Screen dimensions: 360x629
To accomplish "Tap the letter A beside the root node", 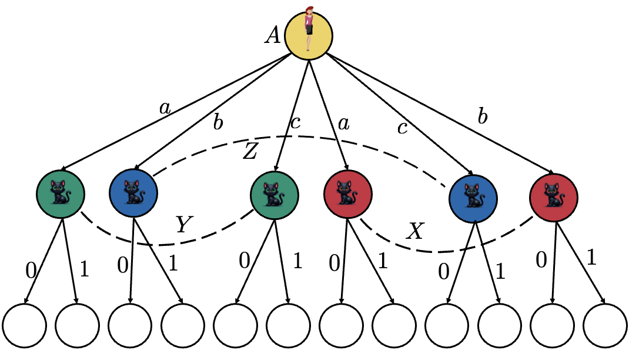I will [x=272, y=36].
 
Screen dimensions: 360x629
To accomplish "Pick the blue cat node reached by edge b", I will [x=133, y=194].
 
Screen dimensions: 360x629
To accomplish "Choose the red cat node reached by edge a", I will [x=347, y=194].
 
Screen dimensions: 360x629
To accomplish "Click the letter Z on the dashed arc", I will [x=250, y=152].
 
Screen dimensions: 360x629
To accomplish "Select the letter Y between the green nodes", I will [x=183, y=225].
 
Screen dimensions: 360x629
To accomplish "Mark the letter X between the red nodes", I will [x=416, y=232].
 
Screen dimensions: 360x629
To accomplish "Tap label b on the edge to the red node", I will [x=483, y=118].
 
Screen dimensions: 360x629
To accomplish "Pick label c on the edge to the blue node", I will [x=402, y=128].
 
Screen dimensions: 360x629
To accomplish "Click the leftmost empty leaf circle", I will [x=24, y=325].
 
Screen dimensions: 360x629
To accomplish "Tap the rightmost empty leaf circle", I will [x=605, y=325].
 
